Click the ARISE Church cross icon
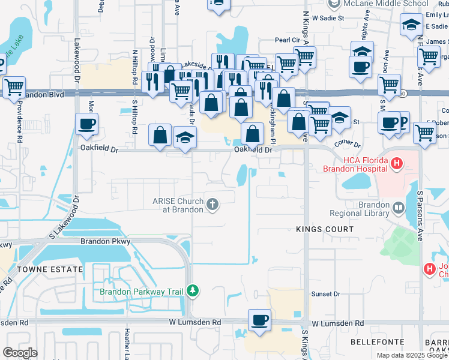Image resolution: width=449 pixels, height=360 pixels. pyautogui.click(x=212, y=205)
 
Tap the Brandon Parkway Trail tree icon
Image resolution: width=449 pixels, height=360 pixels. pyautogui.click(x=192, y=291)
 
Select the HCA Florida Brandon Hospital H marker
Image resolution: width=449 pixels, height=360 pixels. pyautogui.click(x=396, y=163)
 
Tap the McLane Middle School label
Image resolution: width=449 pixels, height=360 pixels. pyautogui.click(x=394, y=4)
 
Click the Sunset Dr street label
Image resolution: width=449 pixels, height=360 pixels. pyautogui.click(x=325, y=294)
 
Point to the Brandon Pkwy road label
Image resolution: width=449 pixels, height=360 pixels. pyautogui.click(x=105, y=241)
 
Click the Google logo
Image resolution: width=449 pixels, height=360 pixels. pyautogui.click(x=20, y=353)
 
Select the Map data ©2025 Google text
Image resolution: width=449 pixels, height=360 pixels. pyautogui.click(x=412, y=355)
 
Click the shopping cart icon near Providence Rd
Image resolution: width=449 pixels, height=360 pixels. pyautogui.click(x=14, y=86)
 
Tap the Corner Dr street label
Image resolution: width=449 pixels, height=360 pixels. pyautogui.click(x=348, y=144)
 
